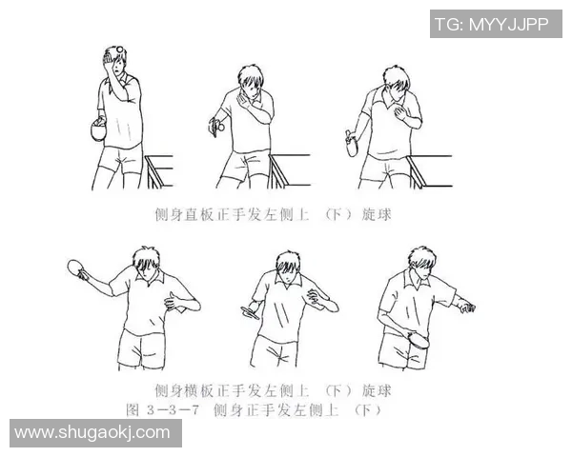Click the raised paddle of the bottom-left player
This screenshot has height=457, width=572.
click(80, 268)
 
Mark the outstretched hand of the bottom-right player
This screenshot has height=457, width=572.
click(466, 307)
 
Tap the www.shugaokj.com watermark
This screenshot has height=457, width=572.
click(92, 433)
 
